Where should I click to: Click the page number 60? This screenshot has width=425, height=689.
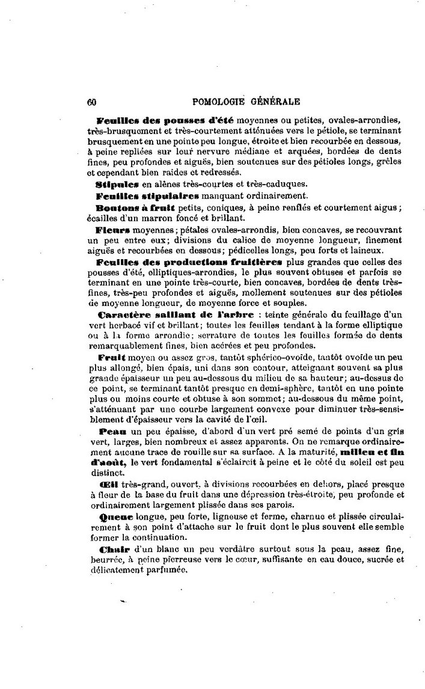[x=92, y=102]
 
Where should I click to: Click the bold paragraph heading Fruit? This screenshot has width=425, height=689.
[x=110, y=357]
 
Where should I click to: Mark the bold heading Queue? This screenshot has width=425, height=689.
[x=112, y=515]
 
